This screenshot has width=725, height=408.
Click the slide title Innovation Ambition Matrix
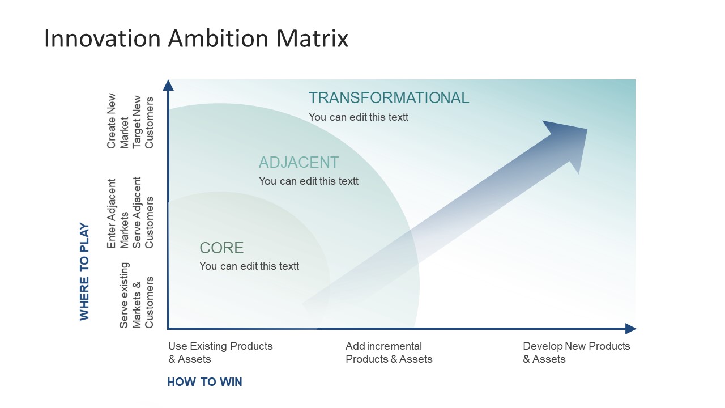pyautogui.click(x=196, y=39)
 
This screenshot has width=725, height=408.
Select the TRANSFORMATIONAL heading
pyautogui.click(x=389, y=98)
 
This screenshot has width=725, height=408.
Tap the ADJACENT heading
pyautogui.click(x=298, y=163)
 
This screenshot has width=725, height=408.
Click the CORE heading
pyautogui.click(x=221, y=248)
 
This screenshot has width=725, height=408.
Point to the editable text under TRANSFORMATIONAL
pyautogui.click(x=358, y=117)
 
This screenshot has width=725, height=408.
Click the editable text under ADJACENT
pyautogui.click(x=308, y=181)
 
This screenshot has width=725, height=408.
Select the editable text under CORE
pyautogui.click(x=249, y=266)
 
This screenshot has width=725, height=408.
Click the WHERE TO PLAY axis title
pyautogui.click(x=84, y=271)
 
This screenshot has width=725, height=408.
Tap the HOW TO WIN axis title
pyautogui.click(x=204, y=382)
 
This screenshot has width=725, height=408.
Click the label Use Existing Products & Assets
pyautogui.click(x=220, y=352)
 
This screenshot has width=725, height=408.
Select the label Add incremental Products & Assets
pyautogui.click(x=389, y=352)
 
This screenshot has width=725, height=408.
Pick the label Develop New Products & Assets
pyautogui.click(x=576, y=352)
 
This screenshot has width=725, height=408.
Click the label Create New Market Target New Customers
pyautogui.click(x=130, y=121)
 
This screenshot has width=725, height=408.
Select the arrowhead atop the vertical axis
pyautogui.click(x=168, y=85)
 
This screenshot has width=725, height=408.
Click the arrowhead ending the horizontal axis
pyautogui.click(x=630, y=329)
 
